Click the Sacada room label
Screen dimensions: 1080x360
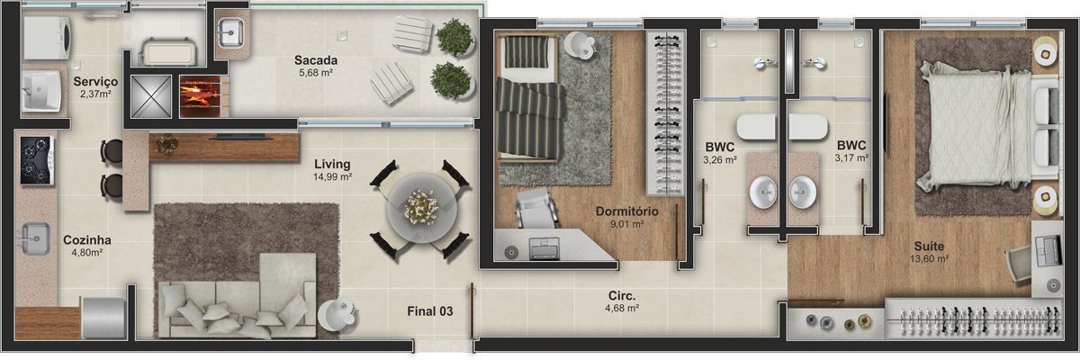tap(316, 60)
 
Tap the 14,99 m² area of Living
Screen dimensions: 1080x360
tap(332, 177)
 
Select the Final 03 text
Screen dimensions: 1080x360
tap(430, 311)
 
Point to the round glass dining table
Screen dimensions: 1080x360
tap(422, 208)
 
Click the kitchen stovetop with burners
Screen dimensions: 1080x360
tap(37, 160)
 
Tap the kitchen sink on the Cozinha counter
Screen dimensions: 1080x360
tap(35, 238)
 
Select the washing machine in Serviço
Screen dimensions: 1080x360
tap(47, 38)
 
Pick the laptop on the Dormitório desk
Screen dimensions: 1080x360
tap(544, 248)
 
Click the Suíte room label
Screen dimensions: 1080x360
tap(929, 247)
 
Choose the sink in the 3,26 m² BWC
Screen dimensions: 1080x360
tap(763, 193)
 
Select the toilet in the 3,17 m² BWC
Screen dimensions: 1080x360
tap(808, 127)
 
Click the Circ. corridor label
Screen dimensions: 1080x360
tap(622, 296)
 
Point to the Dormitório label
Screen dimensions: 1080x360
tap(626, 211)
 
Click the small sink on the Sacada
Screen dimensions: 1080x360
tap(231, 32)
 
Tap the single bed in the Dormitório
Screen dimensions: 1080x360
tap(529, 96)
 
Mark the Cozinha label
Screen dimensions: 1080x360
tap(87, 240)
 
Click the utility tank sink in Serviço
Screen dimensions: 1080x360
tap(41, 90)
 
